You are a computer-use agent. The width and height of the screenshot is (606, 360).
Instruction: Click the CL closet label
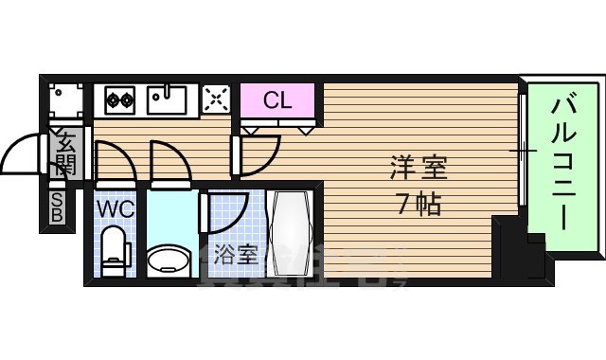pyautogui.click(x=276, y=99)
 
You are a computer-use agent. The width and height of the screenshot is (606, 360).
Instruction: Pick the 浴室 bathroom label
pyautogui.click(x=235, y=253)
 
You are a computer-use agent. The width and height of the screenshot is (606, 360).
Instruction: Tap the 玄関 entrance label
pyautogui.click(x=65, y=155)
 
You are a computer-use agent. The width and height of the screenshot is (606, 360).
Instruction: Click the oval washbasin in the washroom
pyautogui.click(x=168, y=259)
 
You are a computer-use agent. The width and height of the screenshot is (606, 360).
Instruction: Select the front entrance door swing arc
pyautogui.click(x=21, y=156)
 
